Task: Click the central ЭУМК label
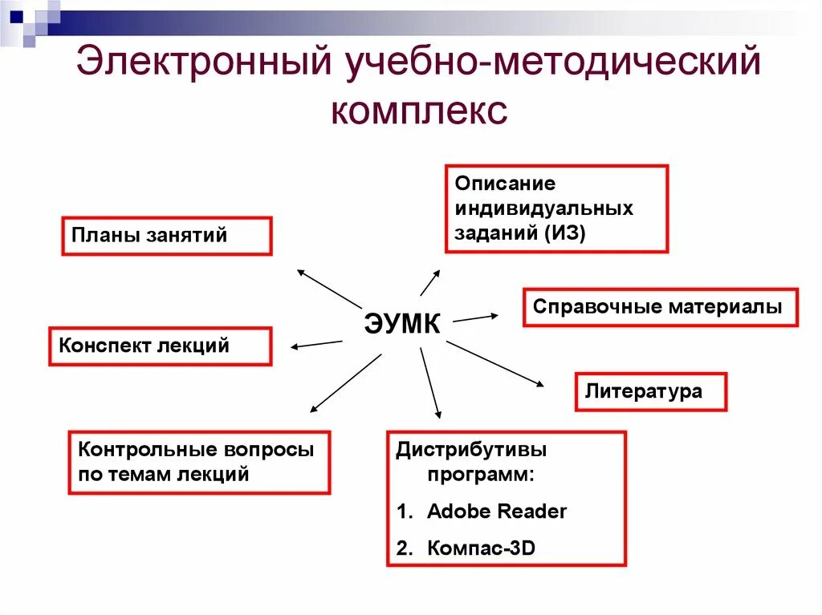(402, 324)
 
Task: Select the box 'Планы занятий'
(166, 236)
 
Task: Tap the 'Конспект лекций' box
(160, 346)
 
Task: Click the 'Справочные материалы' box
(660, 307)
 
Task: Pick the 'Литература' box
(651, 391)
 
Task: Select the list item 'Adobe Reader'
(497, 512)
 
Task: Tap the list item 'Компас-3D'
(481, 548)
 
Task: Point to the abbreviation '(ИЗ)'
(565, 233)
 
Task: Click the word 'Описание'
(505, 184)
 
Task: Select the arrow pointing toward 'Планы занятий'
(329, 289)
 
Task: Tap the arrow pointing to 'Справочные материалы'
(474, 318)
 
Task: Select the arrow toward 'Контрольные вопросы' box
(345, 382)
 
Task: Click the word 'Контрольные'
(135, 449)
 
